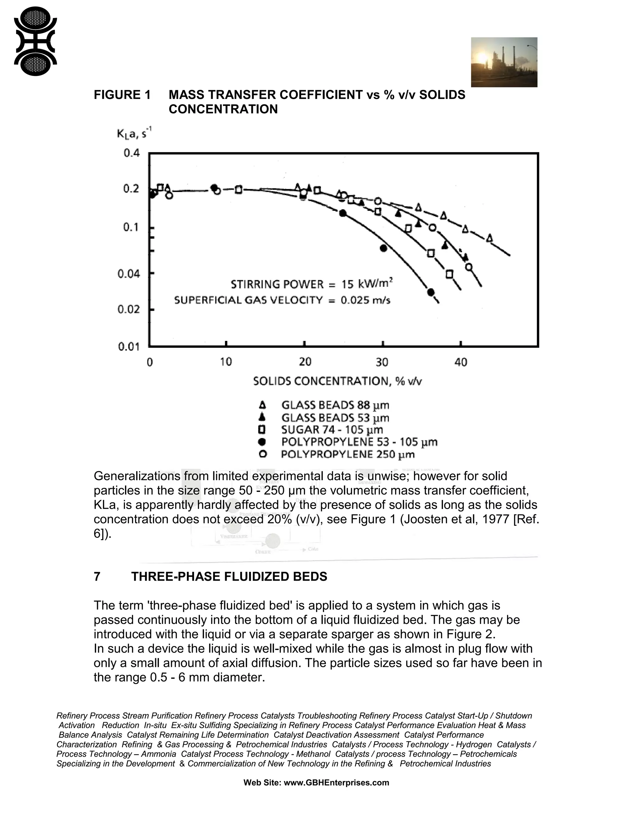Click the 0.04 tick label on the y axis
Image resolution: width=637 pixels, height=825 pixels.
(129, 273)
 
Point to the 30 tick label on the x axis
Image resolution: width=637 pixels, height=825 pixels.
(382, 362)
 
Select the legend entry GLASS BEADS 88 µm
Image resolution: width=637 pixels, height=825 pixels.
(335, 405)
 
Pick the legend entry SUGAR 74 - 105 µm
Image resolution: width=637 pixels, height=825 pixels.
(332, 430)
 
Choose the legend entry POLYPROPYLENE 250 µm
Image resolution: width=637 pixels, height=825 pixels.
(347, 455)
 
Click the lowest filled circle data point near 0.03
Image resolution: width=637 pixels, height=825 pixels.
(430, 292)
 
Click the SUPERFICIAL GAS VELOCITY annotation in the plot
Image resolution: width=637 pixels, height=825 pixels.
(282, 300)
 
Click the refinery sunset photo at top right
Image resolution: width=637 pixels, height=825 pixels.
(504, 62)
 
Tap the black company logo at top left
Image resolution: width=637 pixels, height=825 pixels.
(35, 41)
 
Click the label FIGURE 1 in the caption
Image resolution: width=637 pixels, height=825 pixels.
(122, 95)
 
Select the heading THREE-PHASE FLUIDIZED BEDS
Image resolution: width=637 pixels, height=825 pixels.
(229, 577)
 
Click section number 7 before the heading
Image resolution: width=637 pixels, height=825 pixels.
(97, 577)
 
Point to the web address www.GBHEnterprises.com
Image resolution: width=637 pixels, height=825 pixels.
(336, 783)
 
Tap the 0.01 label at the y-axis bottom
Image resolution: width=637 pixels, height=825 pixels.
(129, 347)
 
